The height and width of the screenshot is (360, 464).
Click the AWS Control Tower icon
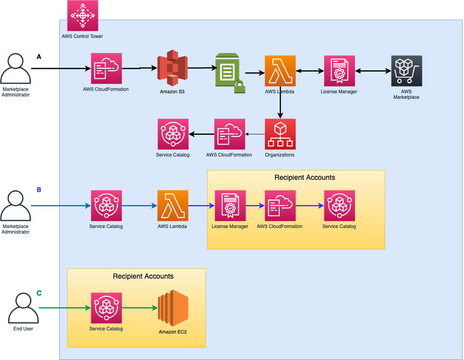click(x=83, y=16)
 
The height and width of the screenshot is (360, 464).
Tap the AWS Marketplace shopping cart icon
click(x=407, y=71)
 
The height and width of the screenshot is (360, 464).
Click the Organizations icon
click(x=280, y=134)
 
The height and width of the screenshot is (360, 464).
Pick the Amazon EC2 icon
click(x=173, y=308)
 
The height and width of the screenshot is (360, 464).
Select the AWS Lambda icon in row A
click(x=280, y=71)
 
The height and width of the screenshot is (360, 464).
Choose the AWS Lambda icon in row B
click(x=173, y=206)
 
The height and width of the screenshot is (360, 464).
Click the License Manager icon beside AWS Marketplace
click(x=340, y=71)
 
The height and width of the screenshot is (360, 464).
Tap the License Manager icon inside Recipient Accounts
click(x=230, y=206)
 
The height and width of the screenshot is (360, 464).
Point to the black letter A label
click(x=39, y=57)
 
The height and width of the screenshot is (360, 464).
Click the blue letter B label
click(x=39, y=189)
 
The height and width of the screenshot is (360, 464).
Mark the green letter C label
click(x=39, y=294)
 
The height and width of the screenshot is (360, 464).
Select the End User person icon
click(x=23, y=308)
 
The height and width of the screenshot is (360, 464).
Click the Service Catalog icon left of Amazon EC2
click(x=106, y=308)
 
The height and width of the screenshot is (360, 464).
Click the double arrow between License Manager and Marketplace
click(x=373, y=71)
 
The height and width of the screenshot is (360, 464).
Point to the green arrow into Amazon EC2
click(x=140, y=308)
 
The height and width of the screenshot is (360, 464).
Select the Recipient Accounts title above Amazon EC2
click(x=143, y=276)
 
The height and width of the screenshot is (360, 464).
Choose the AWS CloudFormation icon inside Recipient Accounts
click(x=280, y=206)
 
